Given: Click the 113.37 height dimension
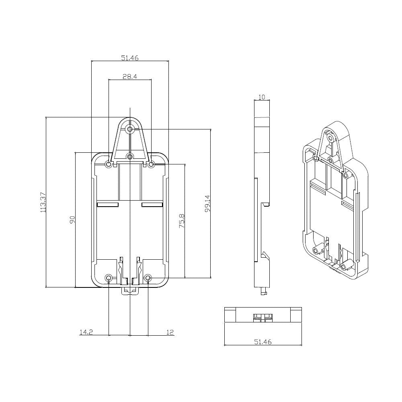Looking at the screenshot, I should [43, 202].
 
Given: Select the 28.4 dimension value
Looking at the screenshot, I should [130, 76].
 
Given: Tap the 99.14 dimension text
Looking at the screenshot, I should [207, 203].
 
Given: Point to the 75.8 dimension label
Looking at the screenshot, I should [181, 221].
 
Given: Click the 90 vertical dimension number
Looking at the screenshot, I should [72, 220].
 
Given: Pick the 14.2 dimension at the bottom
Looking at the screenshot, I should [86, 332].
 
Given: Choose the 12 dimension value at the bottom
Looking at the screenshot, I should [170, 332].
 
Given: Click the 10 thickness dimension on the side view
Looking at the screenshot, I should [262, 97].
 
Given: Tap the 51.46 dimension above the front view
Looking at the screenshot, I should [130, 57].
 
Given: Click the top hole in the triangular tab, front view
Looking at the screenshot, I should [130, 129].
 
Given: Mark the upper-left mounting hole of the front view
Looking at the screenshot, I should [108, 164].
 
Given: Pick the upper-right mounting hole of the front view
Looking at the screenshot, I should [152, 164].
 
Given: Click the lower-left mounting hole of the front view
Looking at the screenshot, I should [109, 278].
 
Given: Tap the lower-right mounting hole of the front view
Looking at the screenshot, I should [148, 278].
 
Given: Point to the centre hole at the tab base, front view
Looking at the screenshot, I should [130, 156].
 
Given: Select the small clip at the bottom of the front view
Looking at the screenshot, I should [130, 290].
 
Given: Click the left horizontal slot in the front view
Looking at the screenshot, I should [108, 205].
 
